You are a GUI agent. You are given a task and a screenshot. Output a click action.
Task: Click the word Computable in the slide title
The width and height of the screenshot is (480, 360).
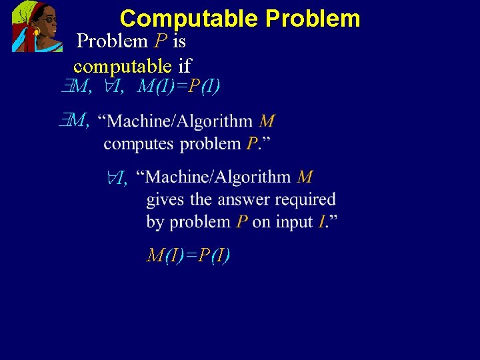point(189,18)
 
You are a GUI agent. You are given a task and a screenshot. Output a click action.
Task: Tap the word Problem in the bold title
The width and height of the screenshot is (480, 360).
point(312,18)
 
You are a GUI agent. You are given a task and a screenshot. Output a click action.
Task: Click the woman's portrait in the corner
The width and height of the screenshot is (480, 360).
point(37,26)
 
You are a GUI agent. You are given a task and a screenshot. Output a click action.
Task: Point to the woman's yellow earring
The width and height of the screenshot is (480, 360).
point(36,31)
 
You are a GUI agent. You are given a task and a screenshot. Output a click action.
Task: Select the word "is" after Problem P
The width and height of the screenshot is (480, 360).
point(179,41)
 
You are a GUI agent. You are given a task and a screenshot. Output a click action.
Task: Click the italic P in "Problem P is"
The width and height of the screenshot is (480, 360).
point(159,41)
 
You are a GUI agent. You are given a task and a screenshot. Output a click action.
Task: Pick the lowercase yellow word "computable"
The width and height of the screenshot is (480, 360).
point(123,65)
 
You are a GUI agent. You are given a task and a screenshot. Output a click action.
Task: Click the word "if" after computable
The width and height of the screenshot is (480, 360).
point(185,65)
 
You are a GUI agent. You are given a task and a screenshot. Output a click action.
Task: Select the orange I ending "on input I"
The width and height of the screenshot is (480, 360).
point(321,221)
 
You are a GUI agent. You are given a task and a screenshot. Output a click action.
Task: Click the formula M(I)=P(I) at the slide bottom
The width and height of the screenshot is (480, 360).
point(189,255)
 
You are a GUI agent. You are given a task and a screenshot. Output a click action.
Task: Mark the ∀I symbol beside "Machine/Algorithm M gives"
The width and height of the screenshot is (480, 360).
point(118,177)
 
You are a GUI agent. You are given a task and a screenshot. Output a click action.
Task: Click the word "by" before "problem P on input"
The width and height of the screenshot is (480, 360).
point(155,222)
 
